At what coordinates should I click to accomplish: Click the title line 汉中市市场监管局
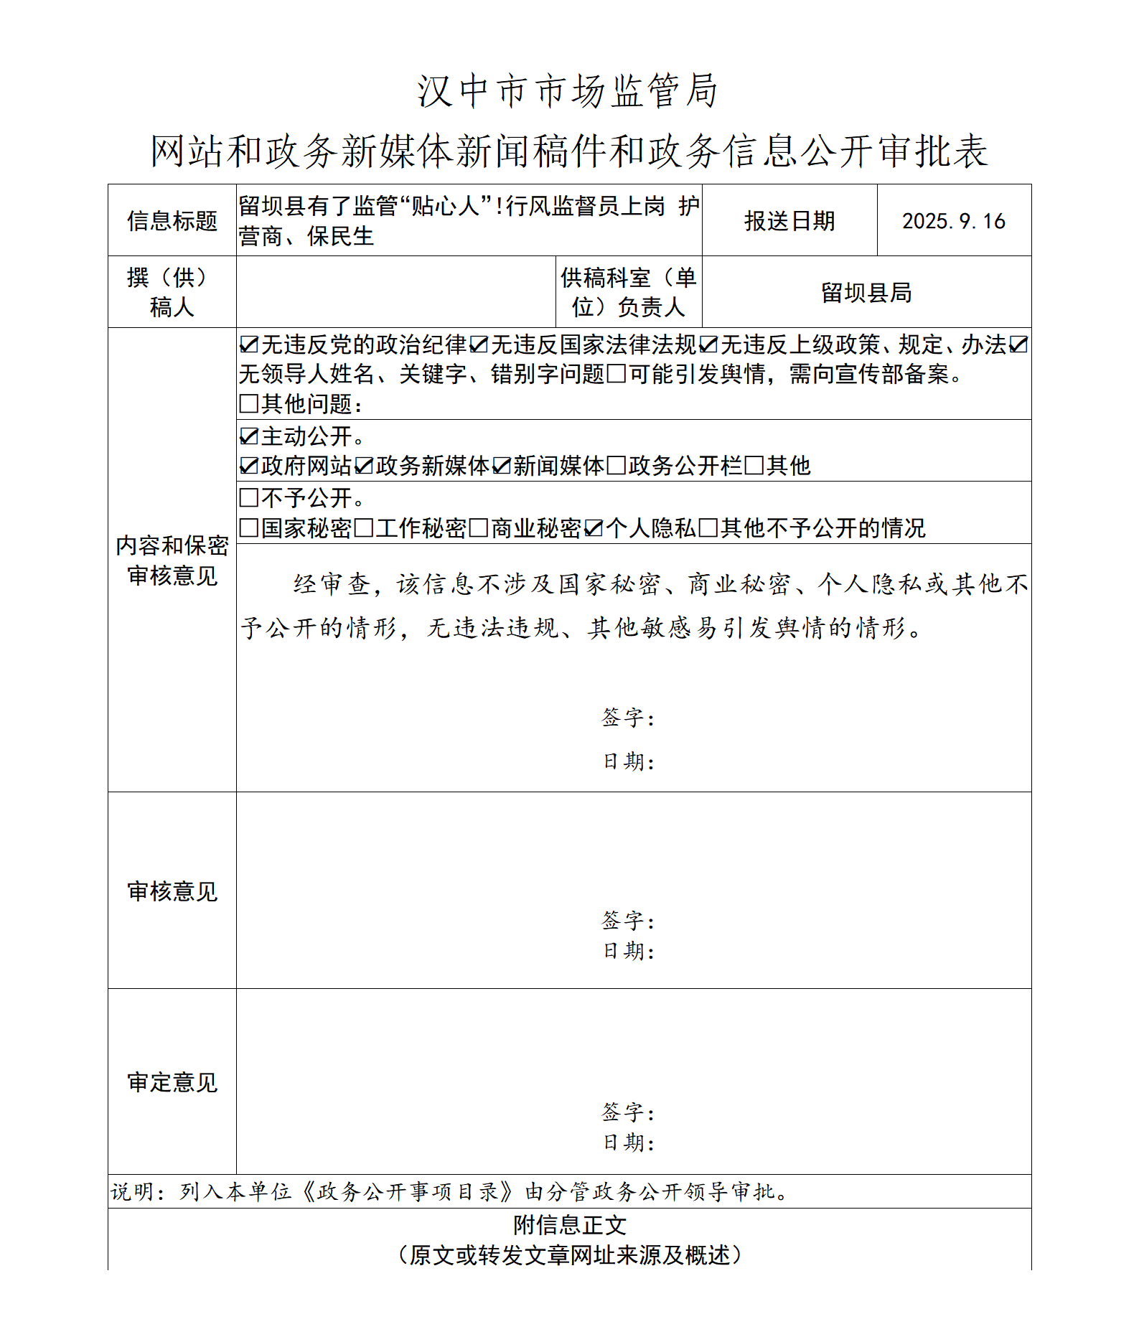point(568,92)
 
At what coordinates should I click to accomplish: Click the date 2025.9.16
point(953,221)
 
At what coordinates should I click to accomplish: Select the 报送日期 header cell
point(789,221)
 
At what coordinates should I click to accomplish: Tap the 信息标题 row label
point(172,221)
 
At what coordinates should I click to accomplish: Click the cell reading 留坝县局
point(866,293)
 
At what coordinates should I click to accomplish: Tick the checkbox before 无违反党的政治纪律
point(249,345)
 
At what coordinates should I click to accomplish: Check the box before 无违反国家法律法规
point(479,345)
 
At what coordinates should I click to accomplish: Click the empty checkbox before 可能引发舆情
point(617,375)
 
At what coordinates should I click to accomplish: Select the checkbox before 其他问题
point(249,404)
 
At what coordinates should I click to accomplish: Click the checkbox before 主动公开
point(249,436)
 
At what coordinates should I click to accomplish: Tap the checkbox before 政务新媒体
point(364,466)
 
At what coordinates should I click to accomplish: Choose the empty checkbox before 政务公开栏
point(617,466)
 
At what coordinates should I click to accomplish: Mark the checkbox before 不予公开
point(249,498)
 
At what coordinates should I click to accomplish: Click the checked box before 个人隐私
point(594,529)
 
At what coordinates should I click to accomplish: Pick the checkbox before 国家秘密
point(249,529)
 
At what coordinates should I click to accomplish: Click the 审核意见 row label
point(172,891)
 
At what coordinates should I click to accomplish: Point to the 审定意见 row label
point(172,1082)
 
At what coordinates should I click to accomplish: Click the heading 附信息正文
point(570,1226)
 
